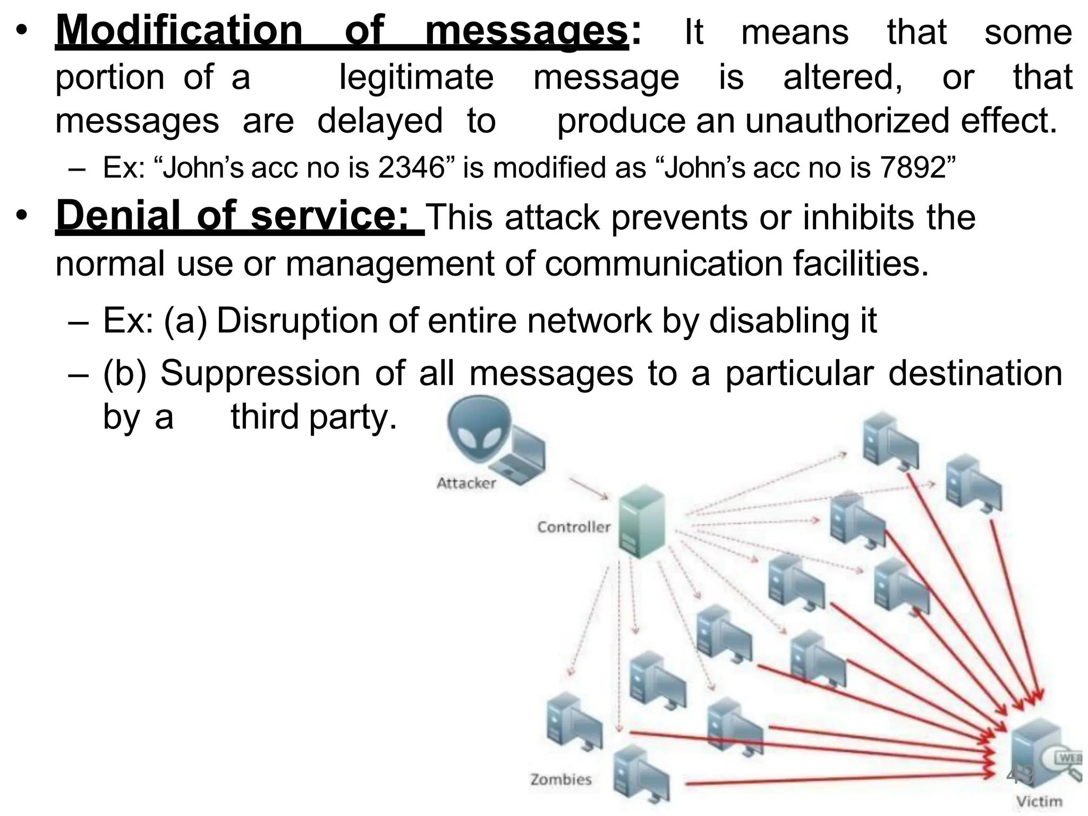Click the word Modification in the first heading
click(179, 31)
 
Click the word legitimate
click(416, 78)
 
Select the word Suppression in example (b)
click(260, 373)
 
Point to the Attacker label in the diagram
click(466, 483)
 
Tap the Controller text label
click(574, 527)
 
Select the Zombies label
click(560, 779)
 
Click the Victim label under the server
click(1040, 801)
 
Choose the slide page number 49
click(1020, 775)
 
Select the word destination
click(975, 373)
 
